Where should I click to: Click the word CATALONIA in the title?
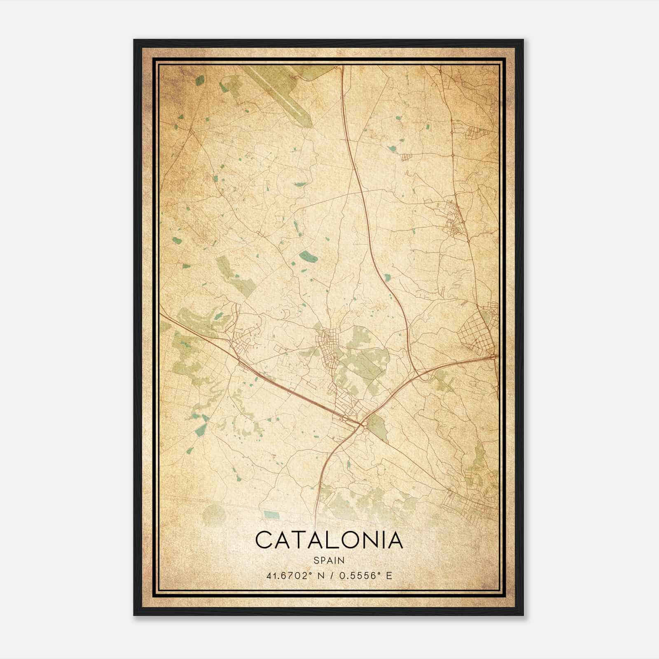(329, 540)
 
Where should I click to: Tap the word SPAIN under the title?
(329, 561)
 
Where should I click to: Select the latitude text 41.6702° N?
(292, 575)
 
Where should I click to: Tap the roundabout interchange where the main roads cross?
(363, 424)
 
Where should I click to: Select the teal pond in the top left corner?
(200, 80)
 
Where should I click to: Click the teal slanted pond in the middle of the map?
(308, 257)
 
